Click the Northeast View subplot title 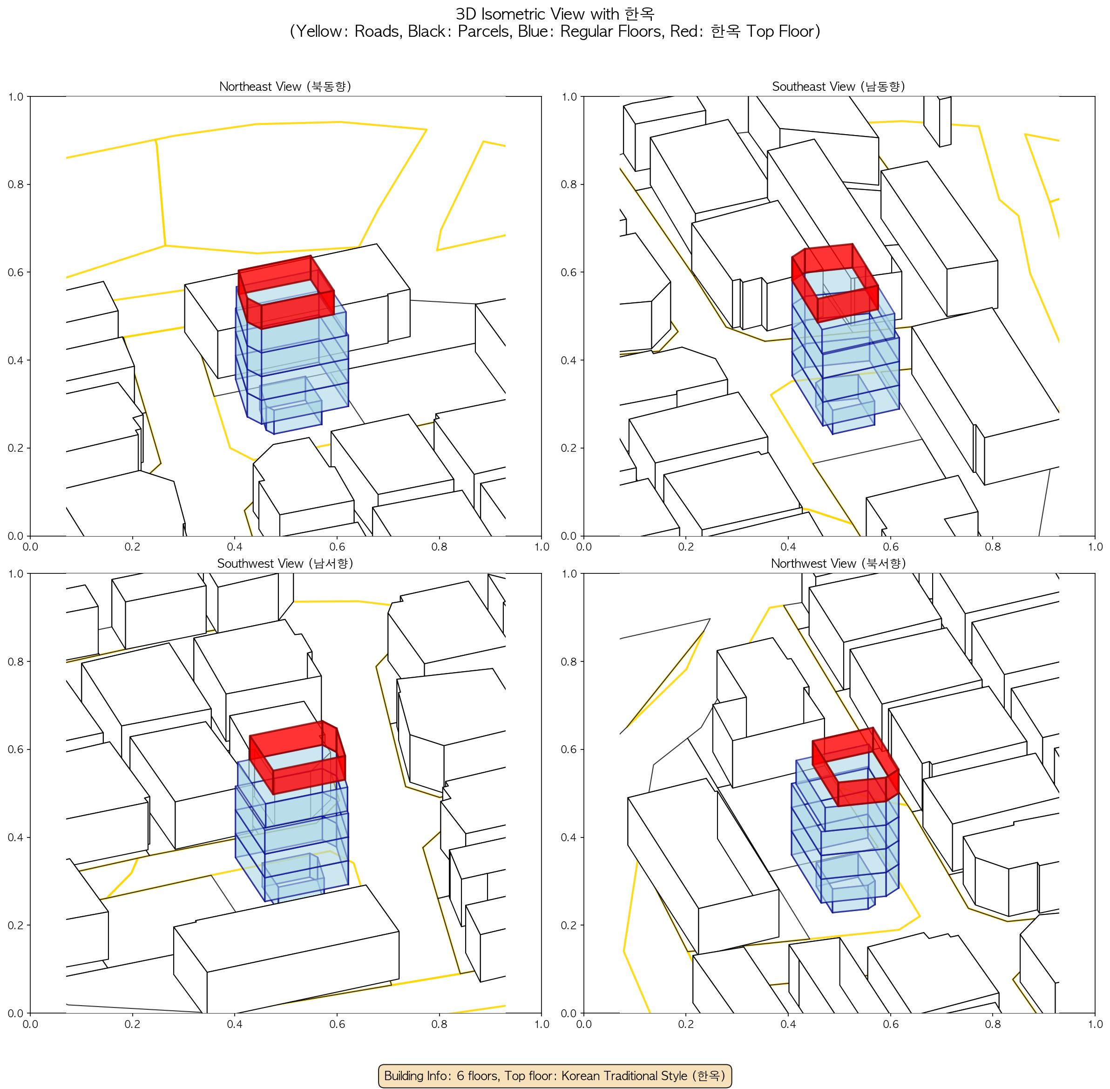[285, 86]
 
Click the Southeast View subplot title [839, 86]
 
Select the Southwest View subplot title [285, 564]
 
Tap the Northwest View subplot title [839, 564]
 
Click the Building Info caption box [555, 1075]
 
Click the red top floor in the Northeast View [286, 292]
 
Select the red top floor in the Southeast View [834, 283]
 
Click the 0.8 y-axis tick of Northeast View [15, 184]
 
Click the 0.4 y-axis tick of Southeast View [569, 360]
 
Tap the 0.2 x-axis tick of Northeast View [132, 546]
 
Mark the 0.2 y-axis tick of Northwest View [569, 925]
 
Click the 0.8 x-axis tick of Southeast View [993, 546]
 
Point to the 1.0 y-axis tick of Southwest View [15, 574]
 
